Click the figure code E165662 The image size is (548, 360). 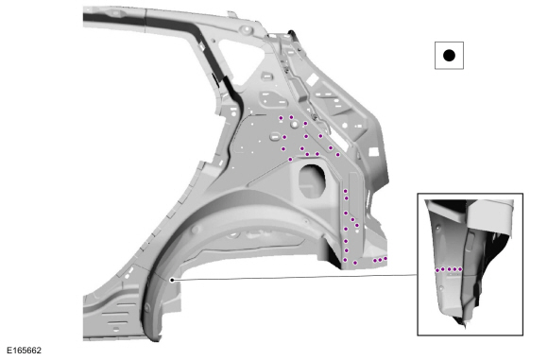(25, 351)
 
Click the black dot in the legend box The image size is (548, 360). (449, 55)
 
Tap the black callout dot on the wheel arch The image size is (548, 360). (172, 280)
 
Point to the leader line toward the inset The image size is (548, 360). (294, 277)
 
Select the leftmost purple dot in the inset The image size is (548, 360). (437, 270)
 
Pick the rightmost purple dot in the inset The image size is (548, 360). (460, 269)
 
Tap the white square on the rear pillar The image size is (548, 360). (373, 152)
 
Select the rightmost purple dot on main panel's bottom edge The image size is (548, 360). (385, 259)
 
